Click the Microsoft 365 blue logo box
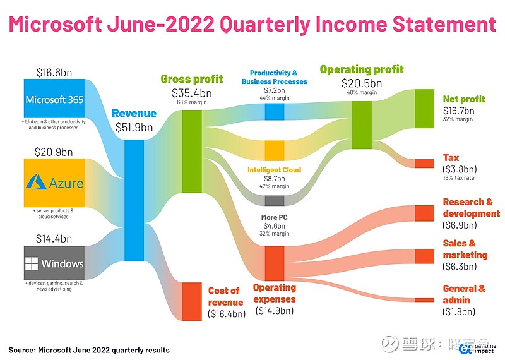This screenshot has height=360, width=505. [x=54, y=99]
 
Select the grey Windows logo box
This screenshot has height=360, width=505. [x=54, y=263]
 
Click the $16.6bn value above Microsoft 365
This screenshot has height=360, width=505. [x=54, y=72]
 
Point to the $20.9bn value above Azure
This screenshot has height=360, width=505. [x=54, y=152]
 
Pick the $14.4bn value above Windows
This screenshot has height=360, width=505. [x=54, y=239]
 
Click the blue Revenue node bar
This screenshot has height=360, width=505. [x=134, y=200]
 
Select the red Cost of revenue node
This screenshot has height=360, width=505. [x=191, y=301]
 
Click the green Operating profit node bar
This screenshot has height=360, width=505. [x=362, y=125]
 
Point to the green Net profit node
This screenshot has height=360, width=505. [x=424, y=109]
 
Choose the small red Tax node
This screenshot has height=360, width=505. [x=424, y=164]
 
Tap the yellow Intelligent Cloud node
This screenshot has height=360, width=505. [x=274, y=150]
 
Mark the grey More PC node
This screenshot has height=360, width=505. [x=274, y=201]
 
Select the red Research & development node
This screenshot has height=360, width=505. [x=424, y=213]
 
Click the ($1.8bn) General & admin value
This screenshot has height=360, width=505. [x=459, y=311]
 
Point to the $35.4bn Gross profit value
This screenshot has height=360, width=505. [x=192, y=93]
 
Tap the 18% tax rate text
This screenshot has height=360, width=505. [x=459, y=178]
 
